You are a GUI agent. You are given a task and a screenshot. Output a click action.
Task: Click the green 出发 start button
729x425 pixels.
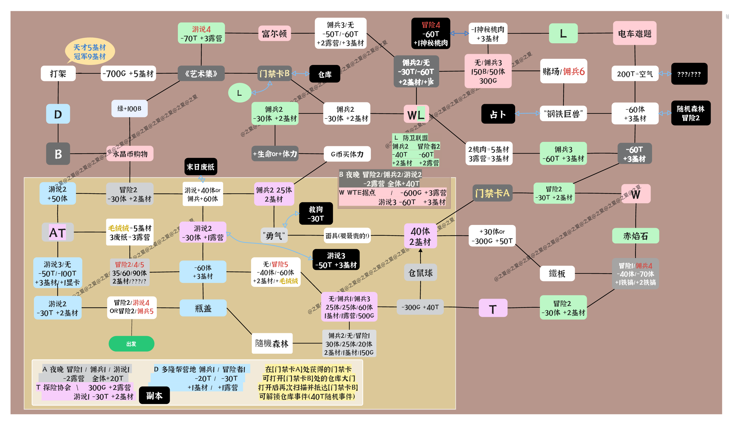coord(131,344)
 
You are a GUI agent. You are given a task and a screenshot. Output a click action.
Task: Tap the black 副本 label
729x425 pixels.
coord(154,395)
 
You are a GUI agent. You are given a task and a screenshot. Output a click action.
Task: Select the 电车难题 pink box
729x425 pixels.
coord(635,33)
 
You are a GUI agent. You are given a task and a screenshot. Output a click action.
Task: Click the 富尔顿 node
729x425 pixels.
coord(274,34)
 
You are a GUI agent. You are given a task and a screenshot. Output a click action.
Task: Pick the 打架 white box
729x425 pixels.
coord(58,73)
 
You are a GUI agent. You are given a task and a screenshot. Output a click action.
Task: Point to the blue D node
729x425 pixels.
coord(58,114)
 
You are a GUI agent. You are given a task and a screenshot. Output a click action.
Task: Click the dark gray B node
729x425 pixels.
coord(58,154)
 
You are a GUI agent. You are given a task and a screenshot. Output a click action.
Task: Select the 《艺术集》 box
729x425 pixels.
coord(201,73)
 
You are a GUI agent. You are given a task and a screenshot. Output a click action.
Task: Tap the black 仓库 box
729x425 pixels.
coord(325,74)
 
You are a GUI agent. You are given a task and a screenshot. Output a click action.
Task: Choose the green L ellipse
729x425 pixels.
coord(240,93)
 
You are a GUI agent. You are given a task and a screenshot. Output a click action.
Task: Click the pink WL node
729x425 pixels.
coord(416,114)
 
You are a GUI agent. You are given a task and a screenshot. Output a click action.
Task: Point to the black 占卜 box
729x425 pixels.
coord(498,114)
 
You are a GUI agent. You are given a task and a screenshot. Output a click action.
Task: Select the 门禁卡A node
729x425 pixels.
coord(492,193)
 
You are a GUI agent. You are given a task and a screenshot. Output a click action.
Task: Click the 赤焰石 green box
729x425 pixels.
coord(635,236)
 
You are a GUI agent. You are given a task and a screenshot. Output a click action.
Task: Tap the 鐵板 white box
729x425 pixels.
coord(557,273)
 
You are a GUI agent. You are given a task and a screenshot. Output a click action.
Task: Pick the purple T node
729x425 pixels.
coord(493,308)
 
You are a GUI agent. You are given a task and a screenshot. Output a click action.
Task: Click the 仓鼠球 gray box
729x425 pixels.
coord(420,273)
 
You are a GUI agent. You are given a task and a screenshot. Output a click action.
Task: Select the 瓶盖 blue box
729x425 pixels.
coord(203,308)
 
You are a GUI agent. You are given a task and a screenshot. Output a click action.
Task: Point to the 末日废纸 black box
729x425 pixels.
coord(201,167)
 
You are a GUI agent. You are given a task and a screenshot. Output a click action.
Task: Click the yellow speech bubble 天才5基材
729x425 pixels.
coord(90,51)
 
